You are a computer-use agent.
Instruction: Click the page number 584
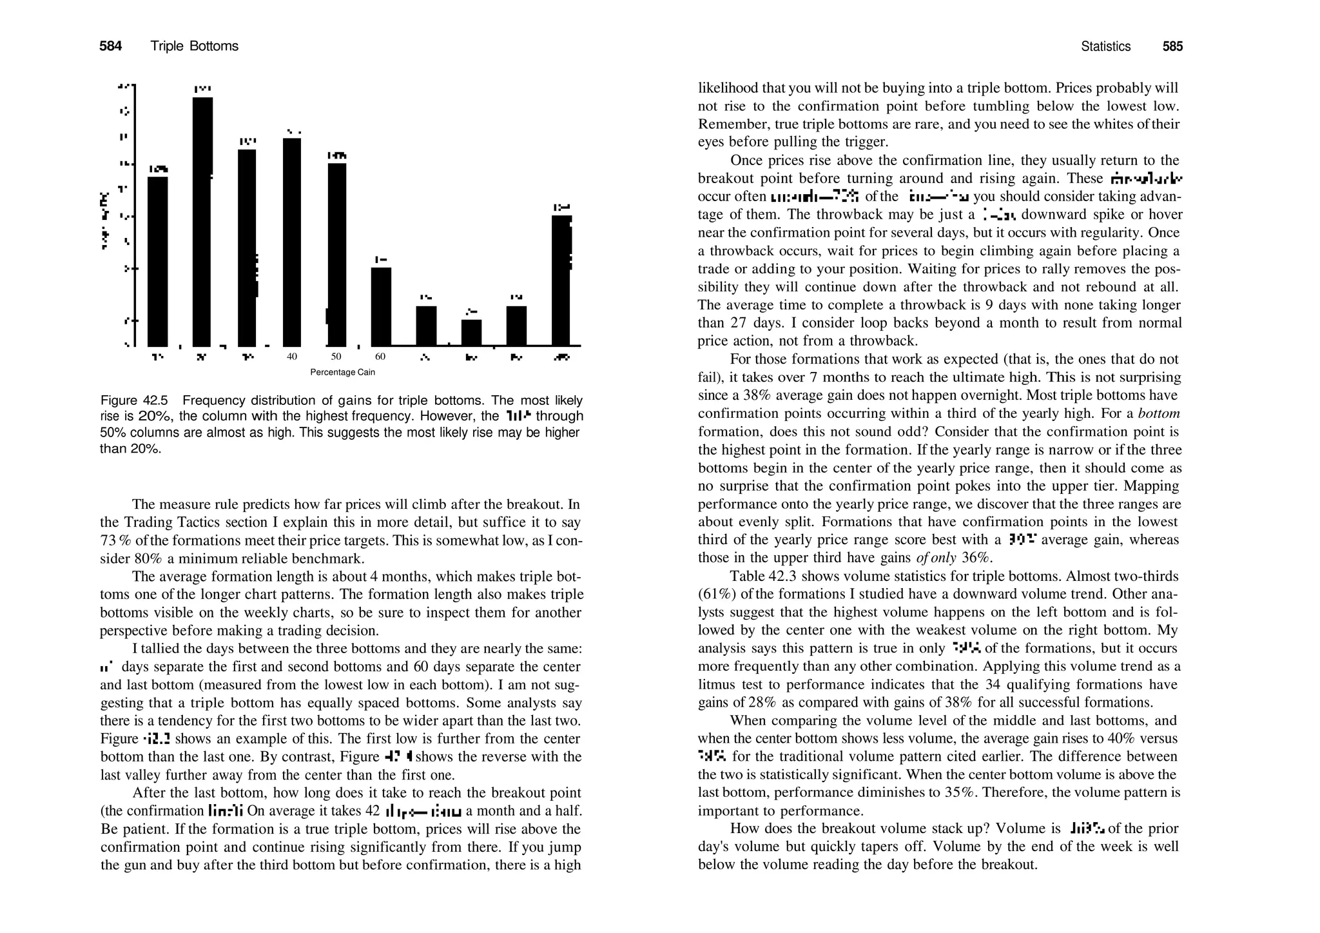tap(110, 46)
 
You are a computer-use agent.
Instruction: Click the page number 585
tap(1172, 46)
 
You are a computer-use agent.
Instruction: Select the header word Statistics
tap(1105, 46)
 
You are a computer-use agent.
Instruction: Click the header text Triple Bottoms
tap(194, 46)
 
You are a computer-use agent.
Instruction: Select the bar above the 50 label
tap(337, 254)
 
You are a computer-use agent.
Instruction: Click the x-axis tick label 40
tap(292, 357)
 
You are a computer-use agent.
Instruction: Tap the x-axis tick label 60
tap(380, 357)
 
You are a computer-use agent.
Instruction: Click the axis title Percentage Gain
tap(342, 373)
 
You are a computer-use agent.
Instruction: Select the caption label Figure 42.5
tap(134, 400)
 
